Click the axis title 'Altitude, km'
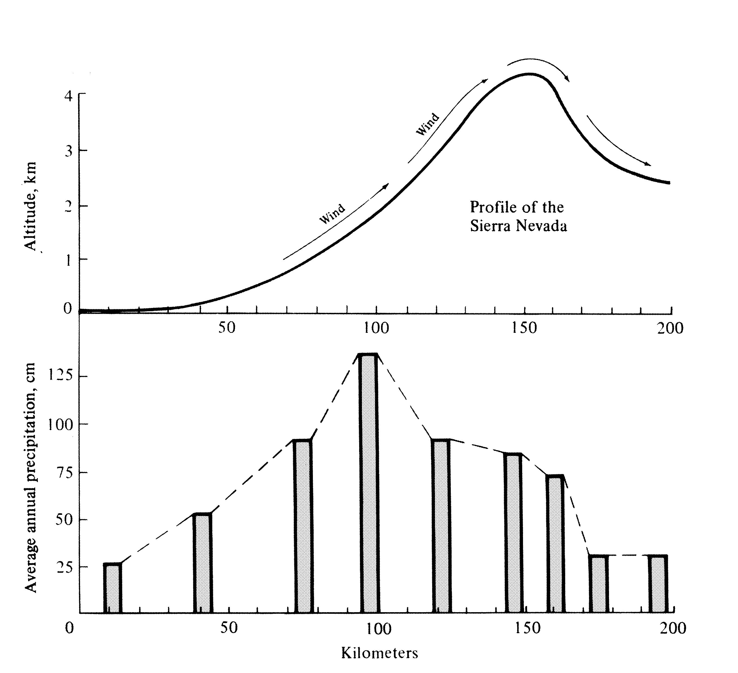[31, 206]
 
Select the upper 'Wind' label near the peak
[427, 124]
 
